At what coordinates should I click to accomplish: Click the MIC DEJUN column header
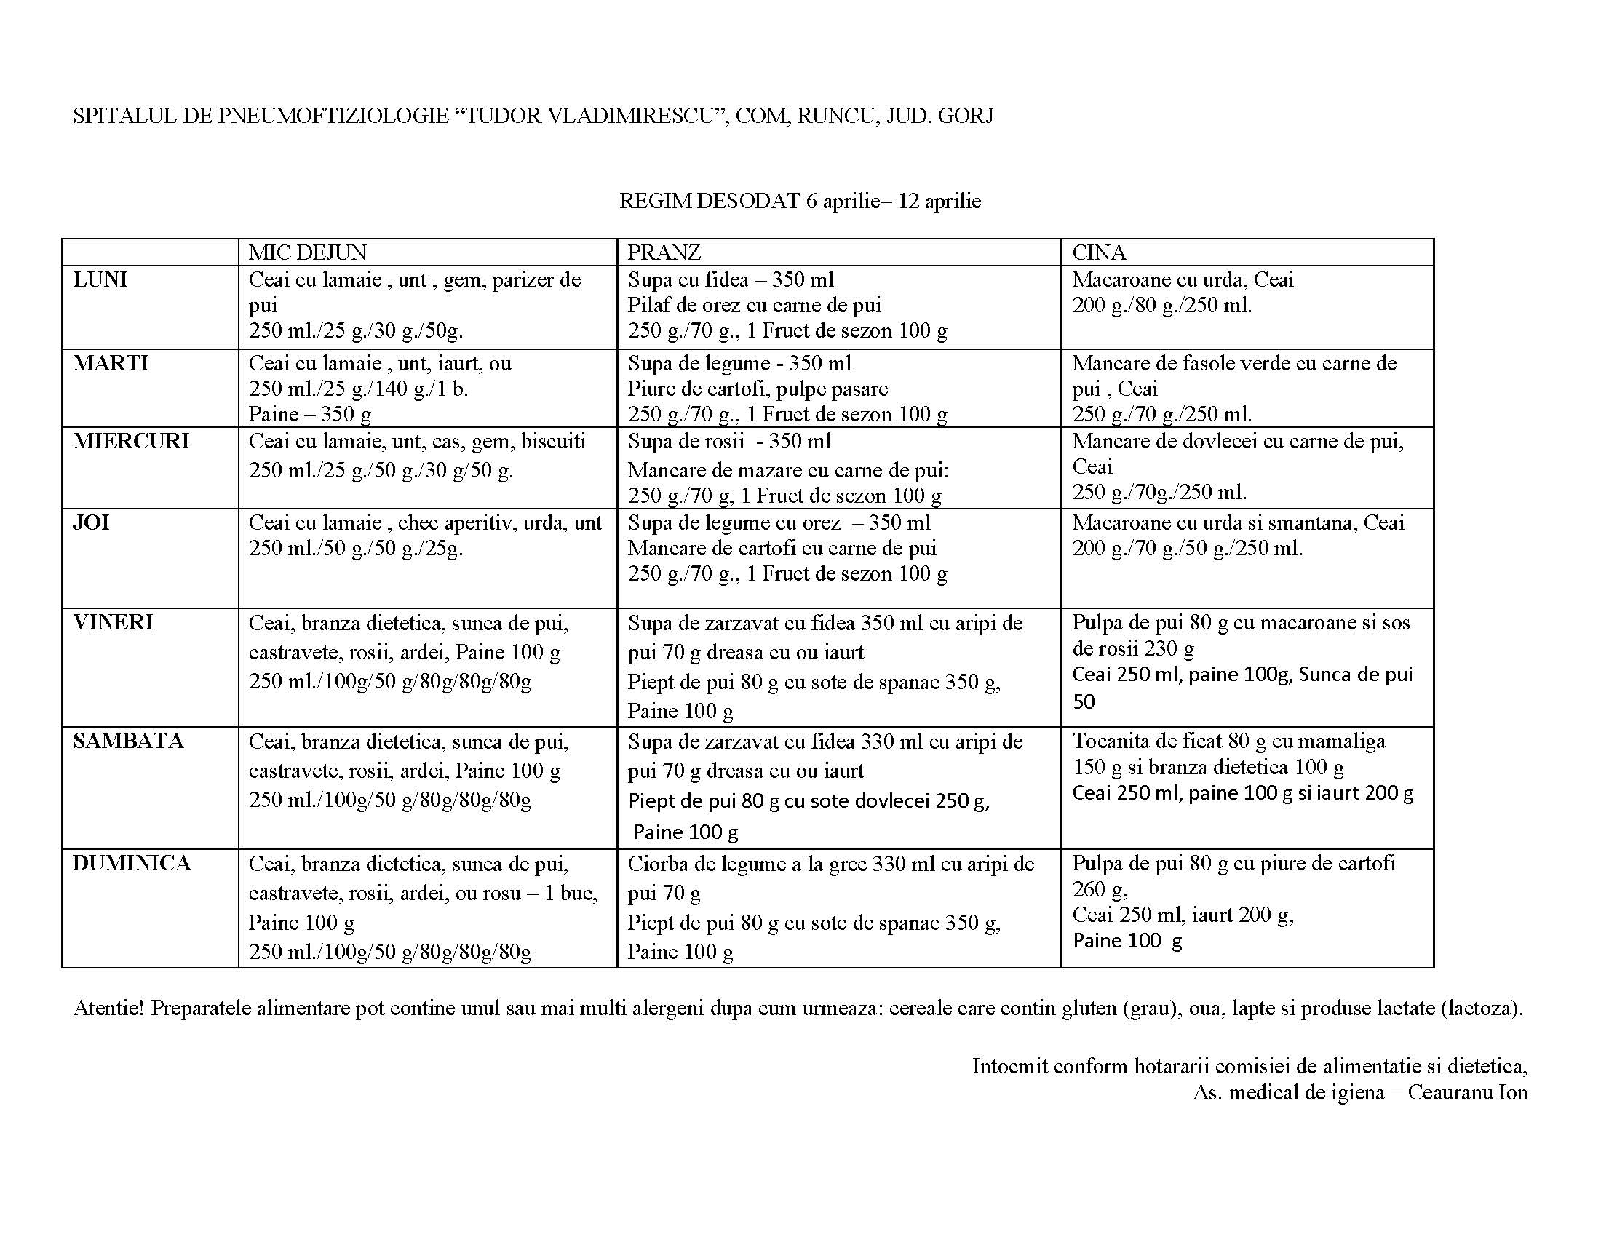click(307, 252)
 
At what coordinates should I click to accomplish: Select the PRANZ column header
click(664, 252)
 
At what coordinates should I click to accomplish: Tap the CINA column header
click(1099, 252)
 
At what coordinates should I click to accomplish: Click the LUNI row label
click(100, 280)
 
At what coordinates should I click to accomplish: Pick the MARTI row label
click(111, 364)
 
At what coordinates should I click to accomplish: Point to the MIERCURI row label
click(131, 441)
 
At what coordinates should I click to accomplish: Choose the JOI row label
click(91, 522)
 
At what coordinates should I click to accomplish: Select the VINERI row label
click(113, 622)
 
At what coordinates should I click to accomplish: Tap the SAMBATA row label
click(128, 741)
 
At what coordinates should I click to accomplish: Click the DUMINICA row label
click(132, 863)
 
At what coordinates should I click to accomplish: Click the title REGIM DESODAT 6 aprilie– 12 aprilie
click(800, 201)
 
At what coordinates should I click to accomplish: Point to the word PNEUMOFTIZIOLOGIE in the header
click(333, 116)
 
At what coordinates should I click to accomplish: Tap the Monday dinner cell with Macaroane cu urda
click(1246, 306)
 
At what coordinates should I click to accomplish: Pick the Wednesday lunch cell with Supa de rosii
click(838, 469)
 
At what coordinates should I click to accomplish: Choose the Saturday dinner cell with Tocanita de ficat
click(1246, 787)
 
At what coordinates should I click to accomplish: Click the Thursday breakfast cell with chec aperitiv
click(426, 557)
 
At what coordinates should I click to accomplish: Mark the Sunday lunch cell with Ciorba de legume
click(838, 907)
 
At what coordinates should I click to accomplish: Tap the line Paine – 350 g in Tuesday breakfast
click(310, 415)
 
